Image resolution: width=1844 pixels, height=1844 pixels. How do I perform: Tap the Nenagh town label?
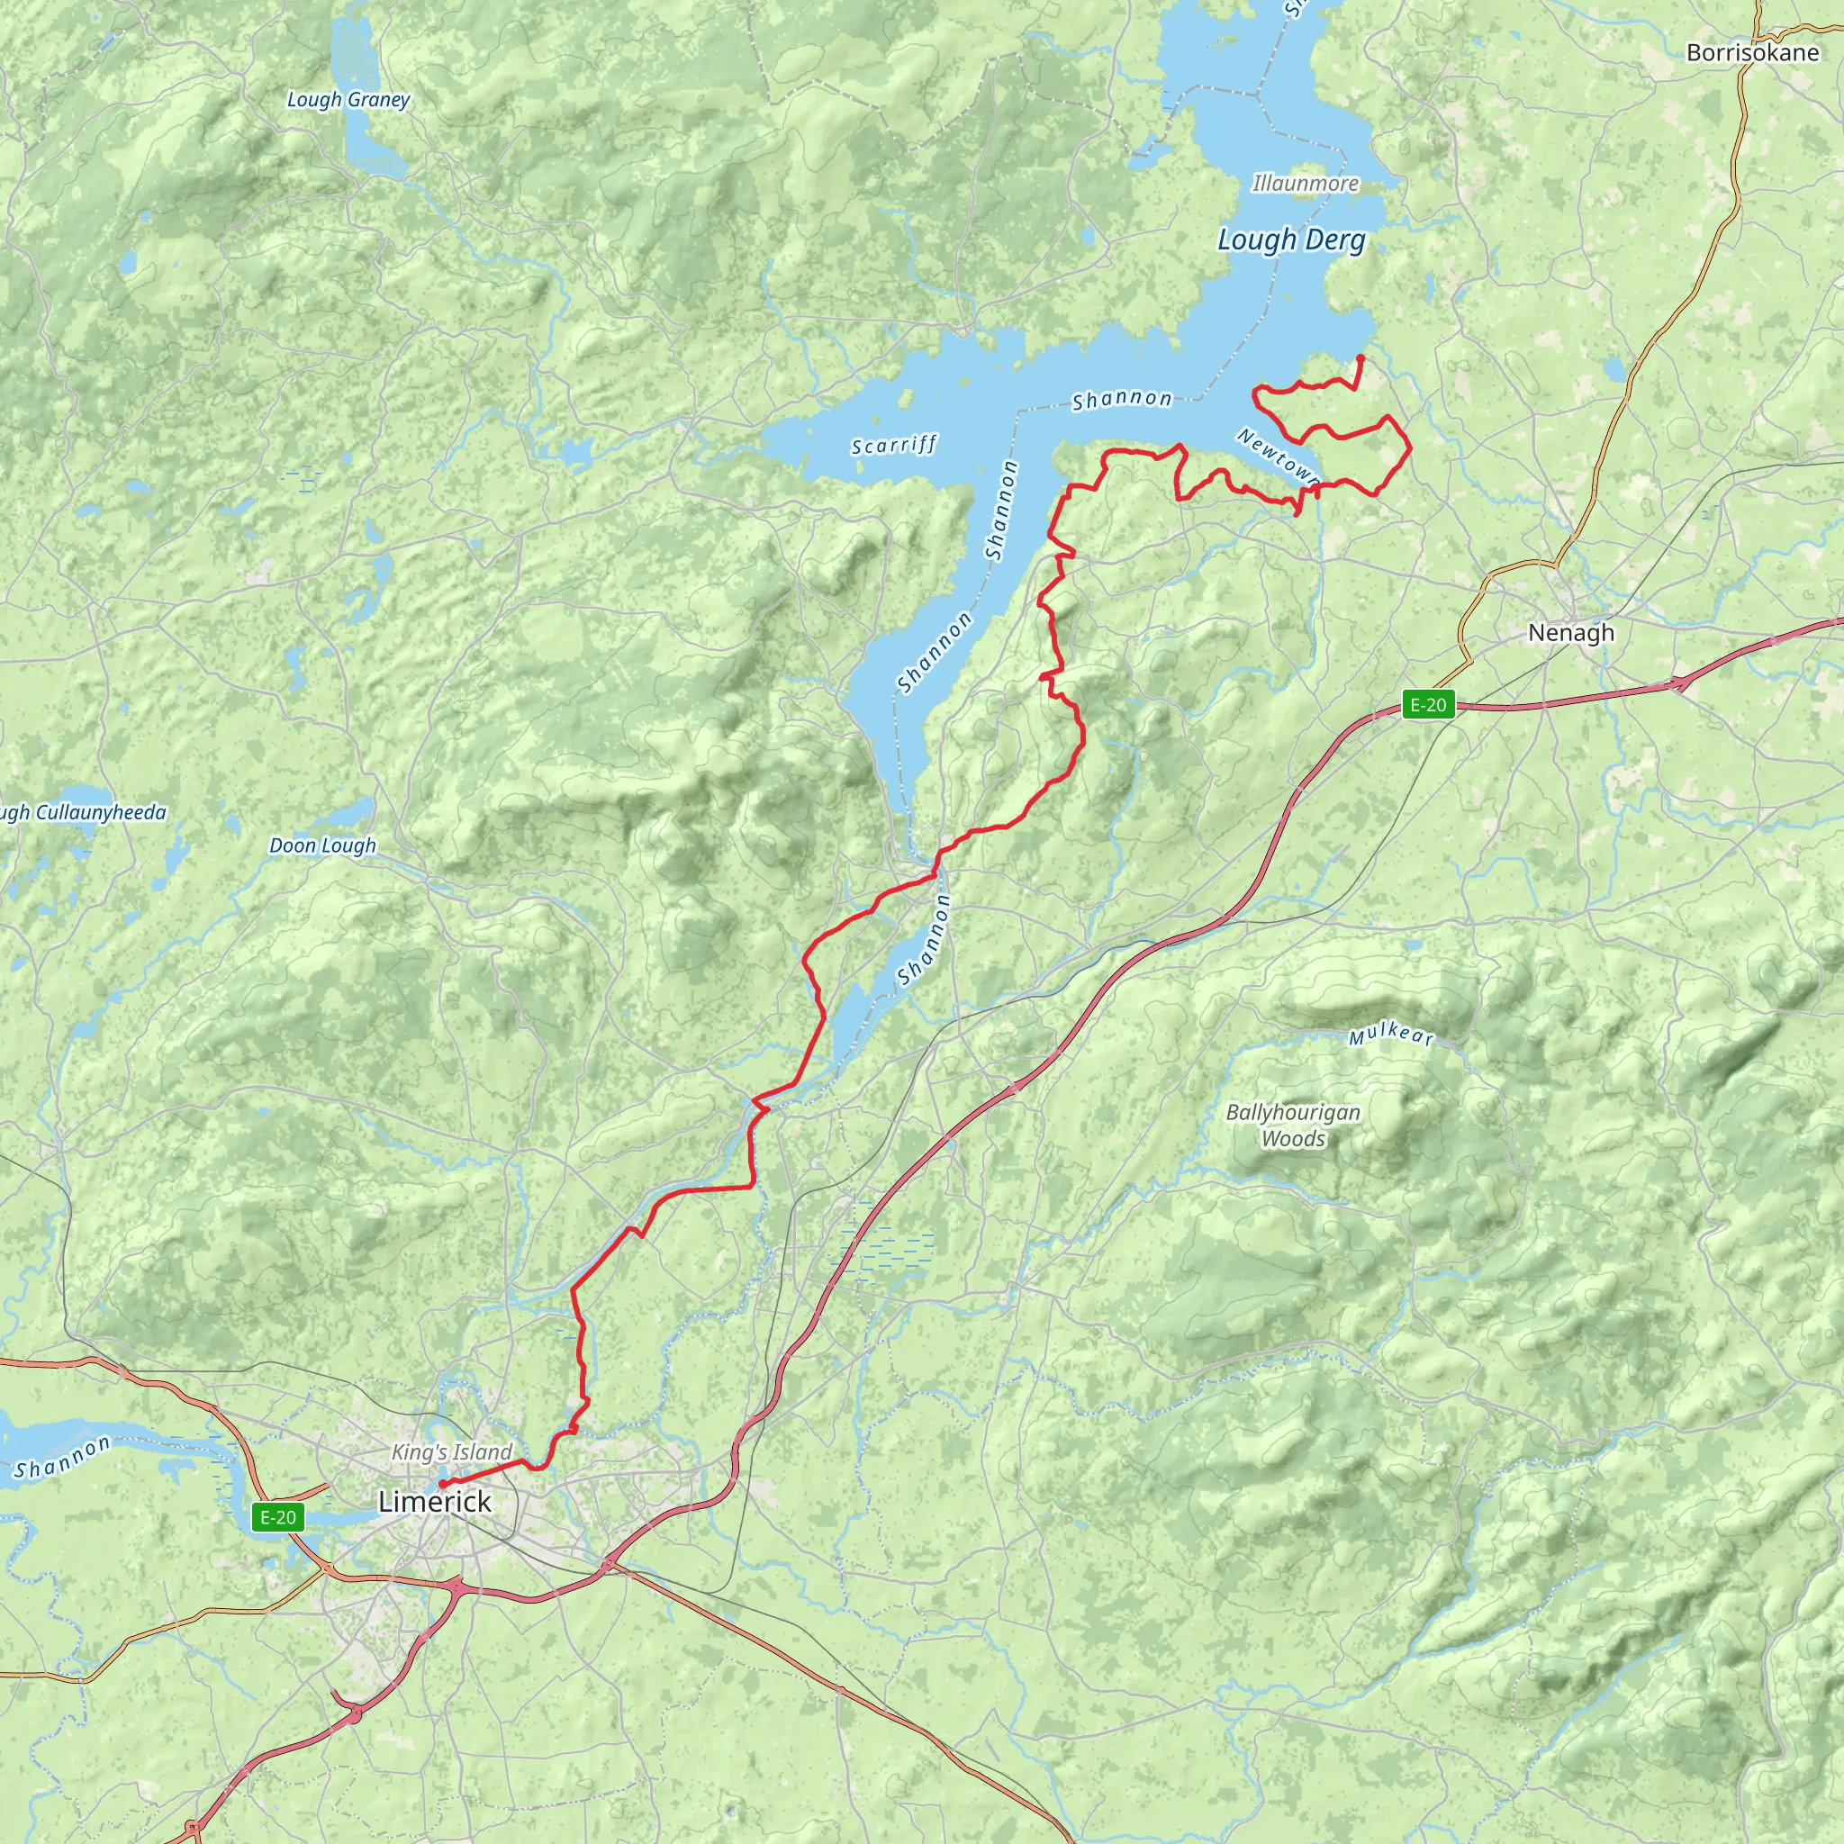pos(1571,632)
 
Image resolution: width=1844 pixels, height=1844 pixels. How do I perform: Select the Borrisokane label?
pos(1752,52)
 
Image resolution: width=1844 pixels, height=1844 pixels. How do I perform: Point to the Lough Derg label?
pos(1291,240)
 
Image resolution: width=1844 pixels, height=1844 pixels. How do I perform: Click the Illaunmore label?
pos(1305,182)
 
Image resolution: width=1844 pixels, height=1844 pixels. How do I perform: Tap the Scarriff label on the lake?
pos(894,445)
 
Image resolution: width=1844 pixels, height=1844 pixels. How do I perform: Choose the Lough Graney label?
pos(348,99)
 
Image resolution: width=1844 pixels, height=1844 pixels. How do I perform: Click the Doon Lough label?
pos(322,845)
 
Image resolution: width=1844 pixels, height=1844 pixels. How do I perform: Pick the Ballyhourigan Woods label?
pos(1293,1125)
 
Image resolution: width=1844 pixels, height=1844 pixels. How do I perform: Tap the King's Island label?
pos(451,1451)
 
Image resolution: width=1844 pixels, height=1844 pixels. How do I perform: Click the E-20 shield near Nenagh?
pos(1428,705)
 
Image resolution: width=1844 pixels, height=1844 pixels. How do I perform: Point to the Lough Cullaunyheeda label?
pos(81,813)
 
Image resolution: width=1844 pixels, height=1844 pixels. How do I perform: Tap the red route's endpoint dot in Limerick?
pos(442,1484)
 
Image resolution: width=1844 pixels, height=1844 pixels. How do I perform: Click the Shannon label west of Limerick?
pos(62,1458)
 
